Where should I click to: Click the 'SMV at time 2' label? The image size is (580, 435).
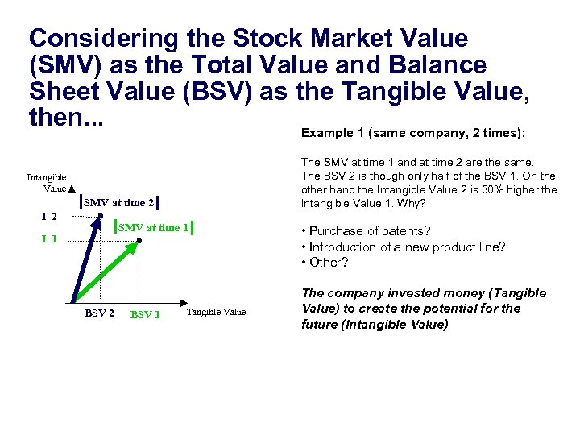[x=118, y=202]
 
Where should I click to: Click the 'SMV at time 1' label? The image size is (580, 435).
[x=153, y=228]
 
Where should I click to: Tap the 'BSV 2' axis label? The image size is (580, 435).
[x=99, y=313]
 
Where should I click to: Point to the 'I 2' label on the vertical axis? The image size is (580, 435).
[x=49, y=216]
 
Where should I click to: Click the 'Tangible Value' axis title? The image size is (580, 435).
[x=216, y=312]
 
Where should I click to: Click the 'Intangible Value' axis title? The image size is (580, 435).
[x=47, y=183]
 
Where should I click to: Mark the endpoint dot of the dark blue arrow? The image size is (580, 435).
[x=100, y=215]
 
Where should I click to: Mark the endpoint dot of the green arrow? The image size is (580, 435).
[x=139, y=240]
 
